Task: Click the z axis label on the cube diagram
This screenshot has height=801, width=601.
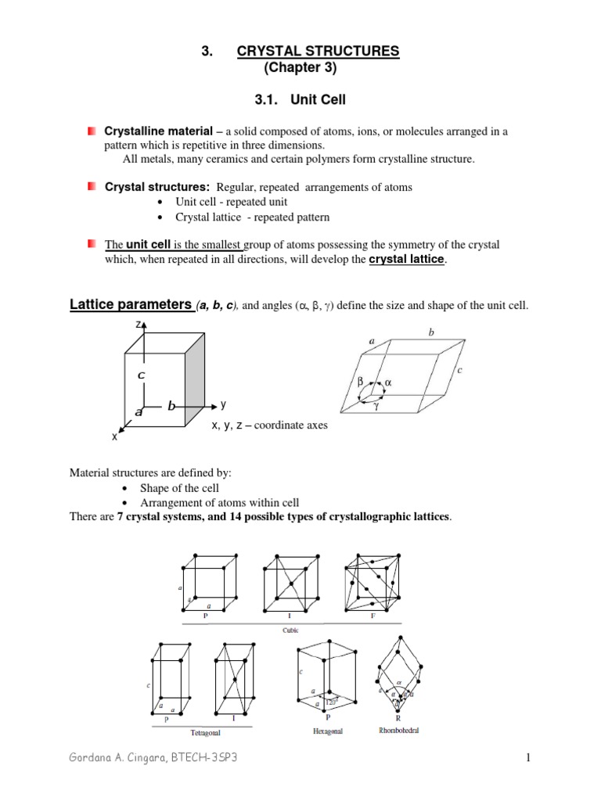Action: [138, 324]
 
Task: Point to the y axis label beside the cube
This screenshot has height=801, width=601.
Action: [223, 404]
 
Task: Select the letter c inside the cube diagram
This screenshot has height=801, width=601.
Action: [141, 375]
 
